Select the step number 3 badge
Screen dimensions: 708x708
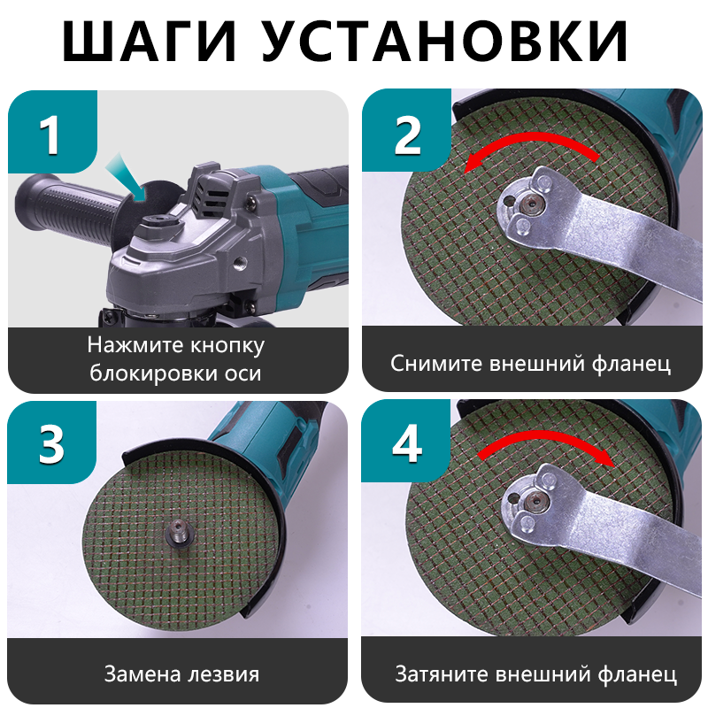click(51, 445)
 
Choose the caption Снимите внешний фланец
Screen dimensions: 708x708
click(531, 363)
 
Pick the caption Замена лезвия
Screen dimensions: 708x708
click(181, 673)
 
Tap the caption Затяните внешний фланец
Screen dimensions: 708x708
click(535, 674)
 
